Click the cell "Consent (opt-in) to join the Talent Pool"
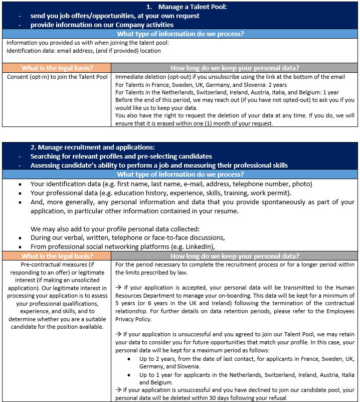tap(57, 77)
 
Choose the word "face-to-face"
tap(173, 237)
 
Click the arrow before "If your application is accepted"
tap(118, 288)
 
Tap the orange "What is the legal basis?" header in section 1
tap(57, 68)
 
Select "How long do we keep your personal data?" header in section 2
tap(235, 256)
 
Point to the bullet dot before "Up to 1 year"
tap(129, 375)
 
